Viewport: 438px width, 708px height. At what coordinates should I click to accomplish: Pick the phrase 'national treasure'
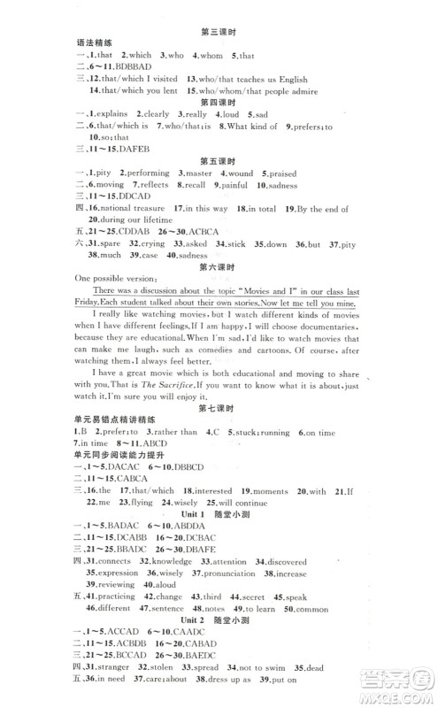pyautogui.click(x=131, y=209)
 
